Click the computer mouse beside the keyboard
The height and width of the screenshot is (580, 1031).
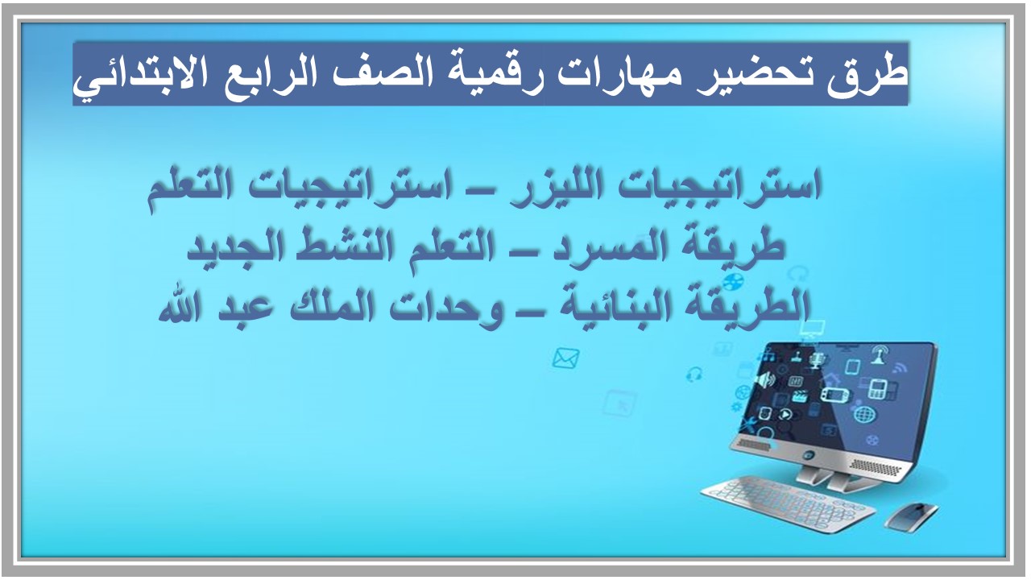click(x=911, y=514)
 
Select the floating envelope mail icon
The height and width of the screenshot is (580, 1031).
click(x=565, y=357)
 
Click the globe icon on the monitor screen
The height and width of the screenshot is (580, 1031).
click(x=863, y=414)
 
